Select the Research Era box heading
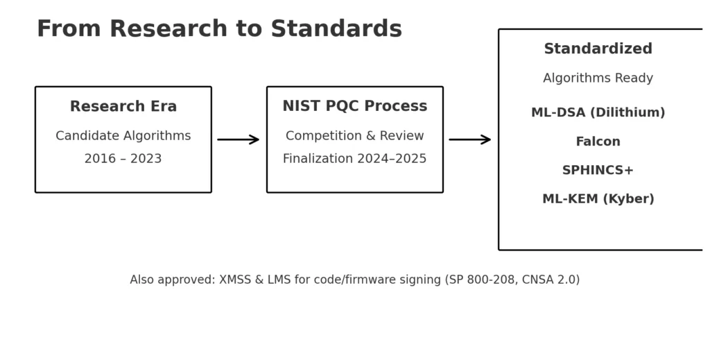pyautogui.click(x=123, y=107)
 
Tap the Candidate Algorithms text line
pyautogui.click(x=123, y=136)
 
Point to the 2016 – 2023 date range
pyautogui.click(x=123, y=159)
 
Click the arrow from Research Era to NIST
pyautogui.click(x=238, y=139)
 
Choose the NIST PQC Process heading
pyautogui.click(x=354, y=106)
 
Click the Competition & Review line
pyautogui.click(x=354, y=136)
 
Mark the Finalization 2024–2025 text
pyautogui.click(x=354, y=159)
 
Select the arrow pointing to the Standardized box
pyautogui.click(x=469, y=139)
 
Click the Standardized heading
pyautogui.click(x=598, y=49)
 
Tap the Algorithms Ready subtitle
pyautogui.click(x=598, y=78)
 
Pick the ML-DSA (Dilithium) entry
pyautogui.click(x=598, y=112)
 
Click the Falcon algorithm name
pyautogui.click(x=598, y=142)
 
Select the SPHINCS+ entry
pyautogui.click(x=598, y=171)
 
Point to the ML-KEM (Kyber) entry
pyautogui.click(x=598, y=199)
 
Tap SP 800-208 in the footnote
pyautogui.click(x=480, y=280)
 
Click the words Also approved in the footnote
pyautogui.click(x=172, y=280)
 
